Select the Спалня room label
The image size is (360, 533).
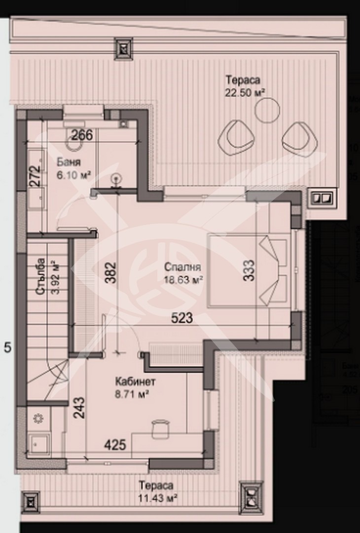tap(183, 268)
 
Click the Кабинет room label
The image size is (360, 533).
tap(136, 381)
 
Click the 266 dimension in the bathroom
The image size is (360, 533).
tap(82, 135)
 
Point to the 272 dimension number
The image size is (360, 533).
tap(34, 175)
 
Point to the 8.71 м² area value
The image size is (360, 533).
tap(133, 394)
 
